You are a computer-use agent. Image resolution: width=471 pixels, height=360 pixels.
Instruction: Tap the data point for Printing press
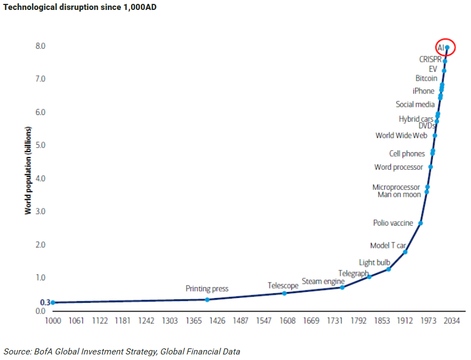[x=207, y=300]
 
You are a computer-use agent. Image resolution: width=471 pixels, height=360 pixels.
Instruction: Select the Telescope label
[x=283, y=285]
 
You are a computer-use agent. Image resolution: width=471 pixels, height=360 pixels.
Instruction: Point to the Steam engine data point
[x=343, y=288]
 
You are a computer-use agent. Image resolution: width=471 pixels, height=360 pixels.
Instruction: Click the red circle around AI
[x=446, y=48]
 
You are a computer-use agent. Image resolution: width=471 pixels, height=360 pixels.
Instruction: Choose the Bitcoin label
[x=426, y=79]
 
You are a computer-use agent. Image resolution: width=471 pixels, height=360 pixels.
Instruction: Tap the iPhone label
[x=423, y=91]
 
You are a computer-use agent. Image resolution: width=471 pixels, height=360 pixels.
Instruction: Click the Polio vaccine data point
[x=421, y=223]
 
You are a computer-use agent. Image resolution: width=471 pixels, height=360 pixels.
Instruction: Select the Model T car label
[x=388, y=246]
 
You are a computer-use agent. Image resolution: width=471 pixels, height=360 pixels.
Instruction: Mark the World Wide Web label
[x=401, y=135]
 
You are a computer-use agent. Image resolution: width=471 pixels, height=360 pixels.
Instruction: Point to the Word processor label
[x=399, y=167]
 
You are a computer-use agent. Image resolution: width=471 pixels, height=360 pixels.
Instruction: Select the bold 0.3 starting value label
[x=45, y=302]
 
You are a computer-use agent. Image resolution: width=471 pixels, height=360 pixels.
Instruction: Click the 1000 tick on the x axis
[x=53, y=321]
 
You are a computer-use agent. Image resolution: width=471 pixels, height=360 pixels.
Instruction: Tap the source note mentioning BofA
[x=122, y=351]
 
